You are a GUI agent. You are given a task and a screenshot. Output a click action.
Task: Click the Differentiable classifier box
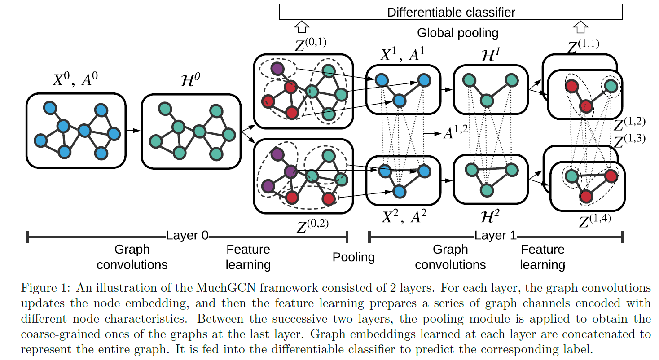click(451, 12)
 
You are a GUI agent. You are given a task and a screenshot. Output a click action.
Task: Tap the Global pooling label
click(457, 33)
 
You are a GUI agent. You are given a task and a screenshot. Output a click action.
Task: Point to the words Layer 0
click(187, 235)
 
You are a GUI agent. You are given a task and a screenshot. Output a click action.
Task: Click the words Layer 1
click(496, 235)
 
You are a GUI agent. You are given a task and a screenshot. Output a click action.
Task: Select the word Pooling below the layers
click(353, 257)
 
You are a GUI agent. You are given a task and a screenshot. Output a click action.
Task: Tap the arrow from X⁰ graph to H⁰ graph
click(132, 131)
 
